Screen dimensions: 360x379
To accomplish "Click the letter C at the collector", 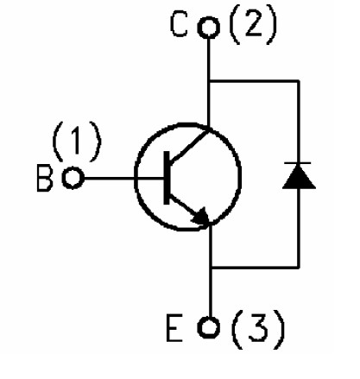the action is click(x=179, y=24).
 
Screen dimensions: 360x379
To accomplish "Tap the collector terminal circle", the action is click(x=209, y=27).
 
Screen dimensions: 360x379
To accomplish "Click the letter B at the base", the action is click(x=45, y=178).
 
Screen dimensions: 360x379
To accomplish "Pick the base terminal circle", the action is click(x=73, y=178).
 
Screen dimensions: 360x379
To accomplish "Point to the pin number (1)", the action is click(x=77, y=142).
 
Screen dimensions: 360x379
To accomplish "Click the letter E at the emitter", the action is click(x=174, y=328).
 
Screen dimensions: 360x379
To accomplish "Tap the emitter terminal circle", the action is click(x=209, y=327).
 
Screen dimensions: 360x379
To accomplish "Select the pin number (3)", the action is click(x=258, y=329).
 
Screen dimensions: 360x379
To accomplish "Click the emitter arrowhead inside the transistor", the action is click(x=202, y=217).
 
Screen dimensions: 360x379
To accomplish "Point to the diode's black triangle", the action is click(x=299, y=178).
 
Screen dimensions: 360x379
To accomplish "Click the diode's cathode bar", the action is click(x=298, y=163).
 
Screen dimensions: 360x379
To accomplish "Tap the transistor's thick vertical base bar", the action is click(x=167, y=178).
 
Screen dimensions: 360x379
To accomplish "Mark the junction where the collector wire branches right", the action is click(x=209, y=81).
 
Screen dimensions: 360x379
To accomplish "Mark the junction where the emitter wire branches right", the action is click(x=211, y=268).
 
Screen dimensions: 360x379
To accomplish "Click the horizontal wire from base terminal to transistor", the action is click(x=123, y=179).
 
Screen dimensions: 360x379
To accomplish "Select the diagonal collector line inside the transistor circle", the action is click(x=189, y=147).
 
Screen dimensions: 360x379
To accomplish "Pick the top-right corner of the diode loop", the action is click(x=299, y=81).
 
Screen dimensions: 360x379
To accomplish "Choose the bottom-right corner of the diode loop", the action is click(x=299, y=268).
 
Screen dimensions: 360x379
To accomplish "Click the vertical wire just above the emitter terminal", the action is click(x=211, y=292).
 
